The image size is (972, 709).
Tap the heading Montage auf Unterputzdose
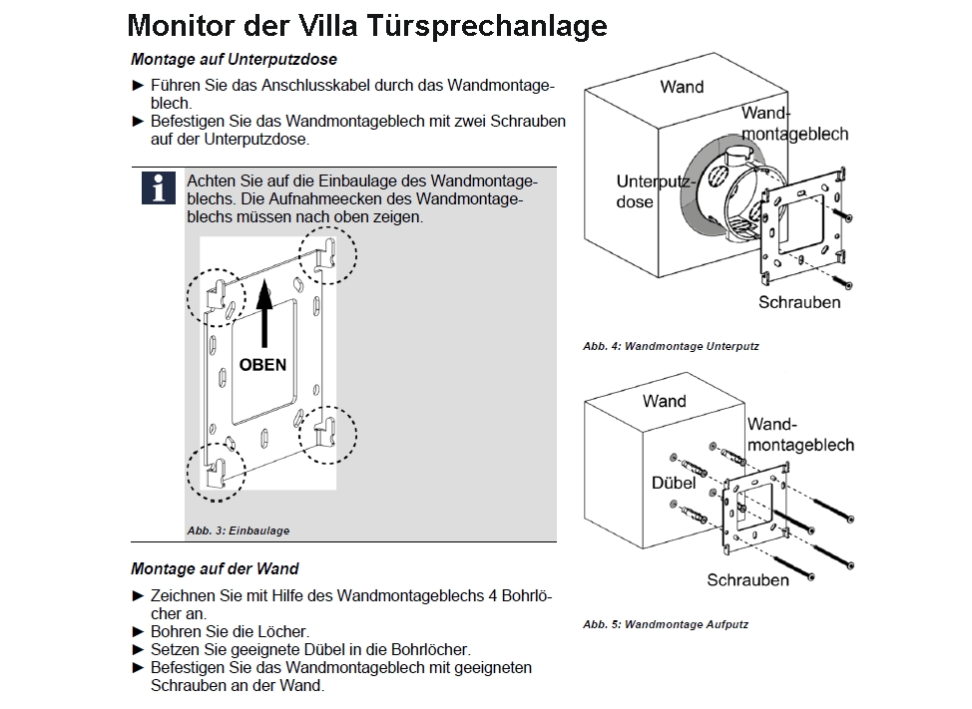click(x=233, y=59)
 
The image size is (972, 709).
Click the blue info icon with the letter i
click(x=158, y=187)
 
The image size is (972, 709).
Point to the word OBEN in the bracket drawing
click(x=262, y=365)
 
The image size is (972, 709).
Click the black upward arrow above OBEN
click(x=263, y=314)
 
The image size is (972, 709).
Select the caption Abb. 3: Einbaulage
click(x=239, y=531)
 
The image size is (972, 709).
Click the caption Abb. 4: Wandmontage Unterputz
click(x=671, y=347)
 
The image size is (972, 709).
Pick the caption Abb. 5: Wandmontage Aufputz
click(x=666, y=625)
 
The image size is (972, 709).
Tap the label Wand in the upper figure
click(x=682, y=87)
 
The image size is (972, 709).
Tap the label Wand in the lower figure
click(x=665, y=401)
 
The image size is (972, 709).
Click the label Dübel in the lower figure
click(x=673, y=483)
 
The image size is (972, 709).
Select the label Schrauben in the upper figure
click(x=799, y=302)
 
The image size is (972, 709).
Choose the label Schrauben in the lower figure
click(x=748, y=580)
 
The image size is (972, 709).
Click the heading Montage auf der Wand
click(x=215, y=569)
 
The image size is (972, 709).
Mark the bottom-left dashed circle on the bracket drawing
click(x=217, y=470)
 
